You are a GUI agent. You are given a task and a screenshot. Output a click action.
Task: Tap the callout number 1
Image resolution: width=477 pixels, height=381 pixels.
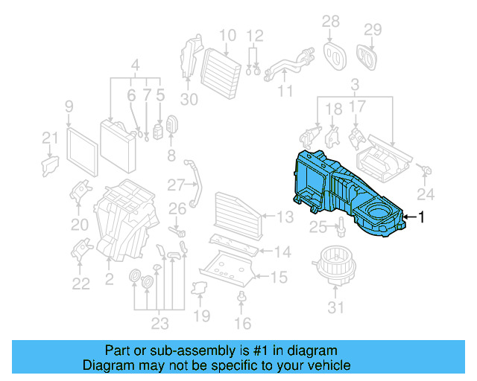point(421,217)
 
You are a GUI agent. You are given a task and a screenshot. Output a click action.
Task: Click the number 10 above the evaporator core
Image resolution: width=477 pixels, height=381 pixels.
point(227,35)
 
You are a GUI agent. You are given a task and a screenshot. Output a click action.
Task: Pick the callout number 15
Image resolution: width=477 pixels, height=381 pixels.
point(278,278)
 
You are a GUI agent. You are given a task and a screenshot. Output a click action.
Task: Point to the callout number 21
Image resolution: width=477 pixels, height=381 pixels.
point(49,137)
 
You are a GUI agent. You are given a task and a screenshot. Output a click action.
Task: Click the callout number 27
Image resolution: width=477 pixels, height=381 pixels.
point(175,184)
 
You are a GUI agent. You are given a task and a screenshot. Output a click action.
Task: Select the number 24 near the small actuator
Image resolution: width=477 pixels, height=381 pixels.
point(425,195)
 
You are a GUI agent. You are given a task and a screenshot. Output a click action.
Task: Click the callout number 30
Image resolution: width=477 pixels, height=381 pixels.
point(189,100)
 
